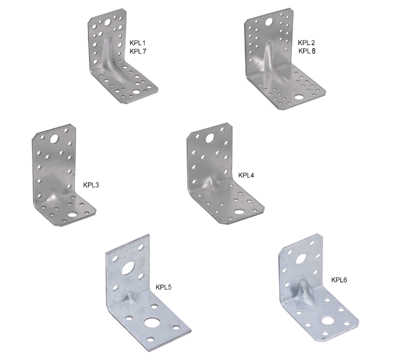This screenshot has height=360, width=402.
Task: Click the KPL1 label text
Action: pyautogui.click(x=137, y=43)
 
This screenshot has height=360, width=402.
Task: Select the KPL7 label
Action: pyautogui.click(x=138, y=51)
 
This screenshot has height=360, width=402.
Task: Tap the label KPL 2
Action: pyautogui.click(x=306, y=43)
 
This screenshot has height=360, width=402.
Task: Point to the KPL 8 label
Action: pyautogui.click(x=307, y=51)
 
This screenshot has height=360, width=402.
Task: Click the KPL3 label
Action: pyautogui.click(x=91, y=185)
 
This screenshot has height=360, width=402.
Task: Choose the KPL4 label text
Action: pyautogui.click(x=246, y=175)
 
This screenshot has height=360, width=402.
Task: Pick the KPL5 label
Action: pyautogui.click(x=163, y=287)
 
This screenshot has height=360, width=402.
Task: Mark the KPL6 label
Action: pyautogui.click(x=339, y=280)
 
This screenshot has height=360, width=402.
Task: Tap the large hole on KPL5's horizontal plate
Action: pyautogui.click(x=151, y=322)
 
